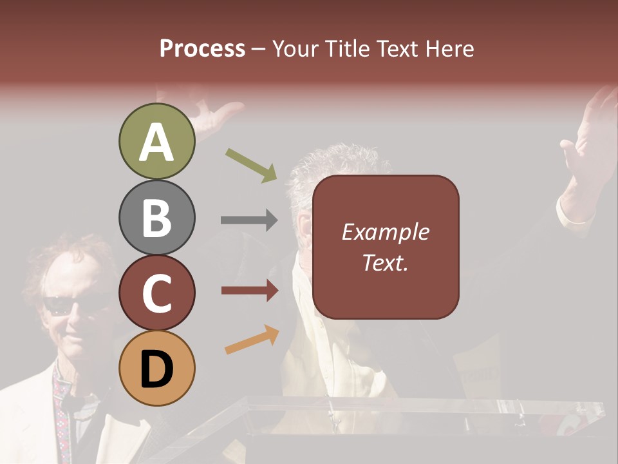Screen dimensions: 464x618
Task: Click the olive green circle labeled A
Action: point(156,142)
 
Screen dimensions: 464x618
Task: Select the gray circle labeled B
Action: point(156,218)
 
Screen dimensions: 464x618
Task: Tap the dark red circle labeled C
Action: point(156,293)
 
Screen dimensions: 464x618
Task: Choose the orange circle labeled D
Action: point(156,368)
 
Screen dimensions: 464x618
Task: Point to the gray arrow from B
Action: point(249,220)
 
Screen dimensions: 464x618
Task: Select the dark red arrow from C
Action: point(249,291)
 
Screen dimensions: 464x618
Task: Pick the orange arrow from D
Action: point(252,340)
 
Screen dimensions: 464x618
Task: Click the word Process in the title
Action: point(202,48)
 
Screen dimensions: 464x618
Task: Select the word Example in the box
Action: point(385,232)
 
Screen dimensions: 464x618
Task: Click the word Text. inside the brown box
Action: point(385,262)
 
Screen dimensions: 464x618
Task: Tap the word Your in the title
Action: point(292,48)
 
